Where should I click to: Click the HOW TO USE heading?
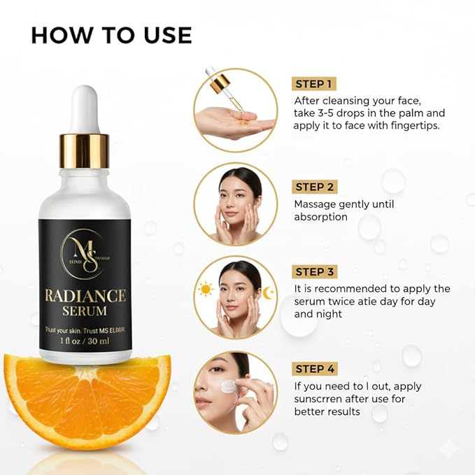pos(111,34)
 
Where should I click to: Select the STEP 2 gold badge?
pos(314,187)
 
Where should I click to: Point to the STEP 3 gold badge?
pos(314,271)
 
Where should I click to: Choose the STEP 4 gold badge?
pos(314,369)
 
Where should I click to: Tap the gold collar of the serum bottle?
pos(84,150)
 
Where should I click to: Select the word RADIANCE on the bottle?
pos(85,295)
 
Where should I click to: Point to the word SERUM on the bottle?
pos(85,311)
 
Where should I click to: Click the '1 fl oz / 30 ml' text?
pos(85,341)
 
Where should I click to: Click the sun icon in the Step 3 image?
pos(206,288)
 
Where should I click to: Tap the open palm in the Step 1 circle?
pos(228,122)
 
